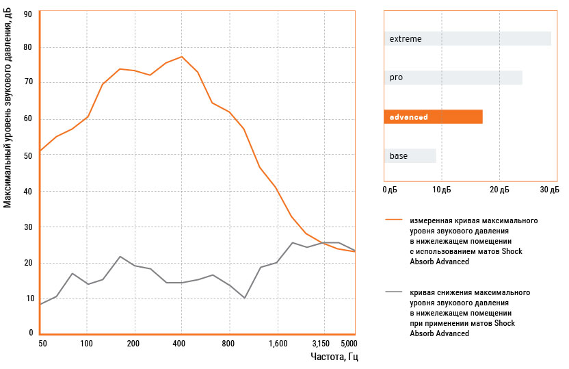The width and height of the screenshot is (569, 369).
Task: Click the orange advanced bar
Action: tap(433, 117)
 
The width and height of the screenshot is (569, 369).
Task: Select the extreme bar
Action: tap(467, 39)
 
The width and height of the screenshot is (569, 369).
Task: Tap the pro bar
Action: tap(453, 78)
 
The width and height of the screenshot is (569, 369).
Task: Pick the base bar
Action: tap(410, 156)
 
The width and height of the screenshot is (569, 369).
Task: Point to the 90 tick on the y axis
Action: tap(28, 13)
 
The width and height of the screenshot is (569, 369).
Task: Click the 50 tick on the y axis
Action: tap(28, 156)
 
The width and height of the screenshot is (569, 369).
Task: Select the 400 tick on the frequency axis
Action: tap(179, 343)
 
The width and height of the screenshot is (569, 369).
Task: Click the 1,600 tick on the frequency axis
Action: tap(278, 343)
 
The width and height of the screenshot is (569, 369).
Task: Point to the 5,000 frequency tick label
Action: tap(348, 343)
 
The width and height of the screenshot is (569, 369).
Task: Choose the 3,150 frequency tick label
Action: tap(321, 343)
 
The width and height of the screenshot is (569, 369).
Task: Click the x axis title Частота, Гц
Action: tap(334, 357)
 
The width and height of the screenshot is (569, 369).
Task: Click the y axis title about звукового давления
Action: tap(8, 110)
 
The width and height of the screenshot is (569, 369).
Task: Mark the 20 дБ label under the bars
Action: tap(499, 189)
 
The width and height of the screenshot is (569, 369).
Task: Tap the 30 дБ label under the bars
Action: tap(549, 189)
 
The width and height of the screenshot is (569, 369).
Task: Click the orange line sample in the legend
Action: tap(393, 220)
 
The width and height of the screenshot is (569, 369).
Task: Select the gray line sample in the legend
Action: tap(393, 292)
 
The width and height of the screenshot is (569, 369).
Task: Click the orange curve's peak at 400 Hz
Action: tap(181, 57)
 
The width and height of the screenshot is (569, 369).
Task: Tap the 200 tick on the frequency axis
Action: tap(133, 343)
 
